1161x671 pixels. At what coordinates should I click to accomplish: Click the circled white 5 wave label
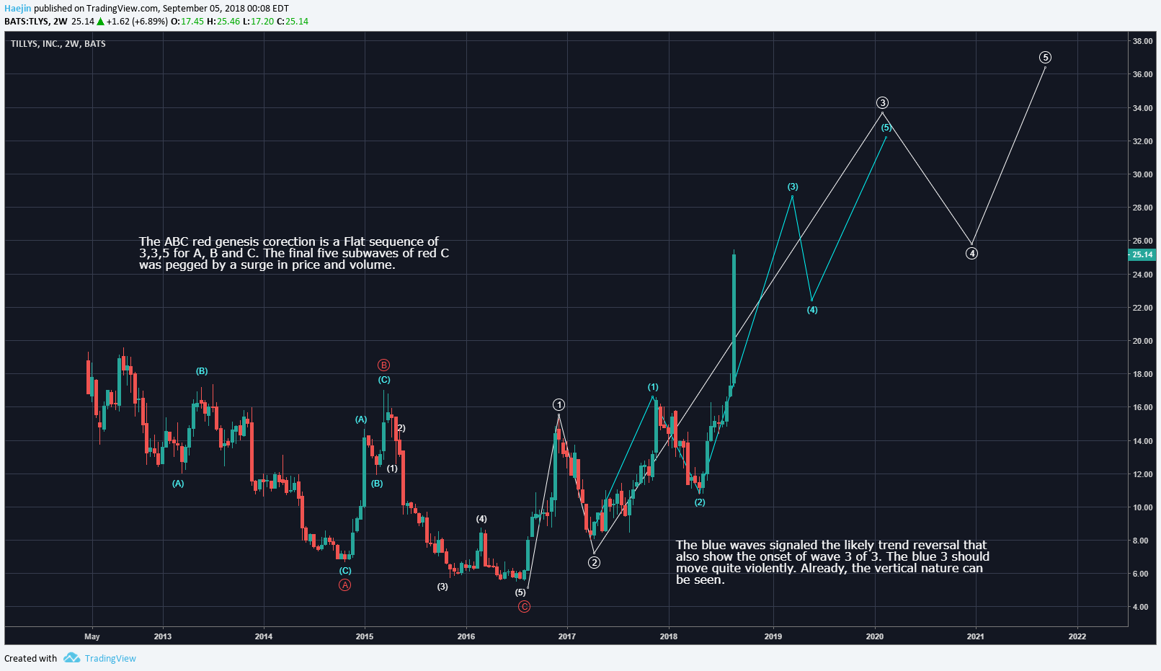[x=1045, y=58]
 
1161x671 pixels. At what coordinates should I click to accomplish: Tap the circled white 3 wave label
[x=882, y=103]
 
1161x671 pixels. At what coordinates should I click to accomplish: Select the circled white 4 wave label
[x=971, y=254]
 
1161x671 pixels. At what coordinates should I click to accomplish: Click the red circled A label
[x=345, y=585]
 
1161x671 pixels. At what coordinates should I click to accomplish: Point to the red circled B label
[x=384, y=365]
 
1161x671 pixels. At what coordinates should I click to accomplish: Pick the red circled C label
[x=524, y=607]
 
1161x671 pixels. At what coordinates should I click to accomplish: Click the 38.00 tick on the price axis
[x=1142, y=41]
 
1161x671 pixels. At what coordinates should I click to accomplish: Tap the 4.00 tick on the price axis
[x=1140, y=607]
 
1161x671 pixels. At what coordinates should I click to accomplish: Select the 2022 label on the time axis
[x=1077, y=636]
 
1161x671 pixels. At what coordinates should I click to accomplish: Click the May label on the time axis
[x=92, y=636]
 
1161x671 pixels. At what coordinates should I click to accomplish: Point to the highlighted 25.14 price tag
[x=1142, y=254]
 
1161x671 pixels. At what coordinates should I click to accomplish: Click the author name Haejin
[x=17, y=9]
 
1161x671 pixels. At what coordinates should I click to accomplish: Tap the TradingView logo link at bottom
[x=100, y=658]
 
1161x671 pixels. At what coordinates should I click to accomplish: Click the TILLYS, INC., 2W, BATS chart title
[x=58, y=44]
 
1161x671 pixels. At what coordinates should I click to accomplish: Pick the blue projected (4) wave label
[x=812, y=310]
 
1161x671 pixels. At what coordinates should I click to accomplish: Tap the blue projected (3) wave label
[x=793, y=187]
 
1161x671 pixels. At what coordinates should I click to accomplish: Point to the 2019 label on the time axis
[x=773, y=636]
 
